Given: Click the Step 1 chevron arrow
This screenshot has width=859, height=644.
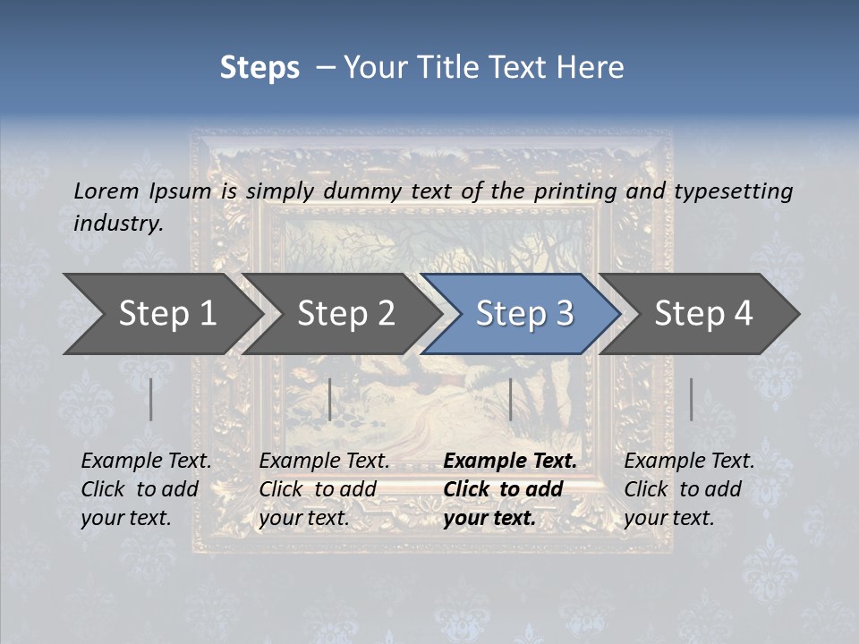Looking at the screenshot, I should coord(166,314).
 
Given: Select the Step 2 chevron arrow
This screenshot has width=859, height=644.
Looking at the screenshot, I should coord(345,314).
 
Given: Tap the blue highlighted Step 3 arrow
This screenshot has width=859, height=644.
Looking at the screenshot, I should coord(523,314).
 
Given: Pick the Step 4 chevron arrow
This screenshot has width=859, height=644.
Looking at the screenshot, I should coord(702,314).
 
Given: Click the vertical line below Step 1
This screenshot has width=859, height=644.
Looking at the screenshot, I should coord(151,399).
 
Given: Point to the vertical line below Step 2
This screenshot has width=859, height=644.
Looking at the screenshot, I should coord(330,399).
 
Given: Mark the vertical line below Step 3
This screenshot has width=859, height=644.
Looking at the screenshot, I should coord(510,399).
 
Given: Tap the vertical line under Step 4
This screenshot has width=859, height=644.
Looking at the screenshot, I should coord(691,399).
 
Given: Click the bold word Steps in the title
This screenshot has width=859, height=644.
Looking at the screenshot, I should coord(259,68).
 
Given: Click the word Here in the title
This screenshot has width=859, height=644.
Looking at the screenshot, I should coord(589,68).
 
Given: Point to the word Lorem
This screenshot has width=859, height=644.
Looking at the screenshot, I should coord(106,191).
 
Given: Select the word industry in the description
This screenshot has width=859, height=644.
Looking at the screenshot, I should coord(117,223).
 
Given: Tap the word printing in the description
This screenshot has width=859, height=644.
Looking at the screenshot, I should coord(575,191).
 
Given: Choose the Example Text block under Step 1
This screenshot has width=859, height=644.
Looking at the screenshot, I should coord(146,489).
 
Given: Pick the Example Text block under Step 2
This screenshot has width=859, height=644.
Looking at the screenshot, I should coord(324,489).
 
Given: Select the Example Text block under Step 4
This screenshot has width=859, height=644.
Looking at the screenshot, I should coord(689,489).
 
